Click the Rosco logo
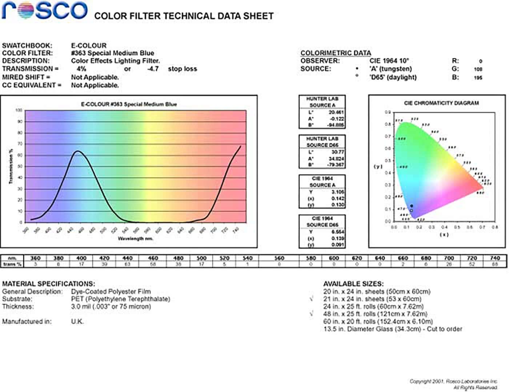pyautogui.click(x=44, y=10)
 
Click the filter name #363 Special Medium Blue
pyautogui.click(x=112, y=53)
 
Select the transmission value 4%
pyautogui.click(x=81, y=69)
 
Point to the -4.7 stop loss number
pyautogui.click(x=153, y=69)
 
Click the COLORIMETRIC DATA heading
pyautogui.click(x=336, y=53)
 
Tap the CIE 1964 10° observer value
pyautogui.click(x=389, y=61)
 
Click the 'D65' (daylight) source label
pyautogui.click(x=393, y=77)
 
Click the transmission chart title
pyautogui.click(x=129, y=104)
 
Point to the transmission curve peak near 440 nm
pyautogui.click(x=77, y=151)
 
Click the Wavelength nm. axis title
pyautogui.click(x=135, y=239)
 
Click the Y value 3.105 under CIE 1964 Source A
pyautogui.click(x=337, y=192)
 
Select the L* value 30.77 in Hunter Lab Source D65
pyautogui.click(x=337, y=152)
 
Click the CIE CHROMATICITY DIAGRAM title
pyautogui.click(x=441, y=103)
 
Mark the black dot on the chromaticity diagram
pyautogui.click(x=411, y=206)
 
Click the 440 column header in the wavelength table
pyautogui.click(x=127, y=258)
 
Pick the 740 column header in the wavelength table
pyautogui.click(x=494, y=258)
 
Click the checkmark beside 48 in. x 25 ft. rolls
pyautogui.click(x=312, y=313)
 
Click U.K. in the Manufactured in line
pyautogui.click(x=77, y=321)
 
